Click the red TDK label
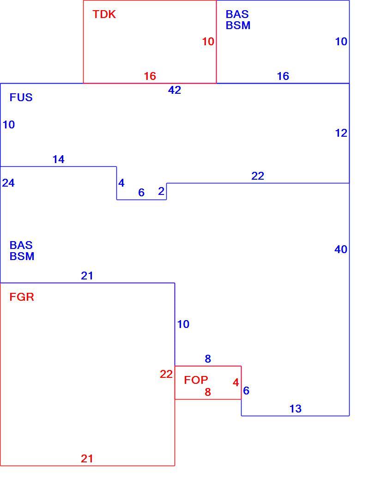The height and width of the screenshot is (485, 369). point(104,14)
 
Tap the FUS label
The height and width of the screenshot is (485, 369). point(21,97)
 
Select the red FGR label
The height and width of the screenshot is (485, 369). point(22,297)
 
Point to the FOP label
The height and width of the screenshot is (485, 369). point(196,380)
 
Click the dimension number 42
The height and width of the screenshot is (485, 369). point(175,90)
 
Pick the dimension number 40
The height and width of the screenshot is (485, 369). point(341,249)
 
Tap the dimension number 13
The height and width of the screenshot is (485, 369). point(296,409)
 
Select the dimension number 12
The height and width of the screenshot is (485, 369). point(341,133)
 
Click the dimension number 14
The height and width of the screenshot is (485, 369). point(59,159)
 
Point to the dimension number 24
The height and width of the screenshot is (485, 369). point(8,183)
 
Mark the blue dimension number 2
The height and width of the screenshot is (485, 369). point(161,191)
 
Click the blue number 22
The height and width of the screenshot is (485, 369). point(258,176)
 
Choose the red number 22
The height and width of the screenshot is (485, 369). point(166,374)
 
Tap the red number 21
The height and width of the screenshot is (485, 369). point(87,458)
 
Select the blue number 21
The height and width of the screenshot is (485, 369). point(87,276)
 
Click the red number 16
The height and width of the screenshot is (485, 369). point(150,76)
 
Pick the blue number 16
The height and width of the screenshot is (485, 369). point(283,76)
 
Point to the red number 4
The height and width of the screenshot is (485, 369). point(236,382)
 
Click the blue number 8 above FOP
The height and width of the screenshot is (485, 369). point(208,359)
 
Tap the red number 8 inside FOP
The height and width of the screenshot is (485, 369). point(208,392)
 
